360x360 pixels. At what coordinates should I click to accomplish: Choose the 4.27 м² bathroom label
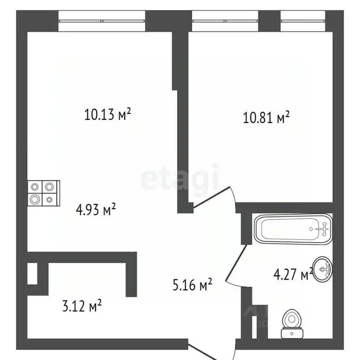click(293, 273)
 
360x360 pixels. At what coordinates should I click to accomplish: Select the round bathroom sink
click(322, 269)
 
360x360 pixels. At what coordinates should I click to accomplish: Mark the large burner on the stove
click(35, 199)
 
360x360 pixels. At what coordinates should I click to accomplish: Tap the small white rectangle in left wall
click(32, 273)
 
